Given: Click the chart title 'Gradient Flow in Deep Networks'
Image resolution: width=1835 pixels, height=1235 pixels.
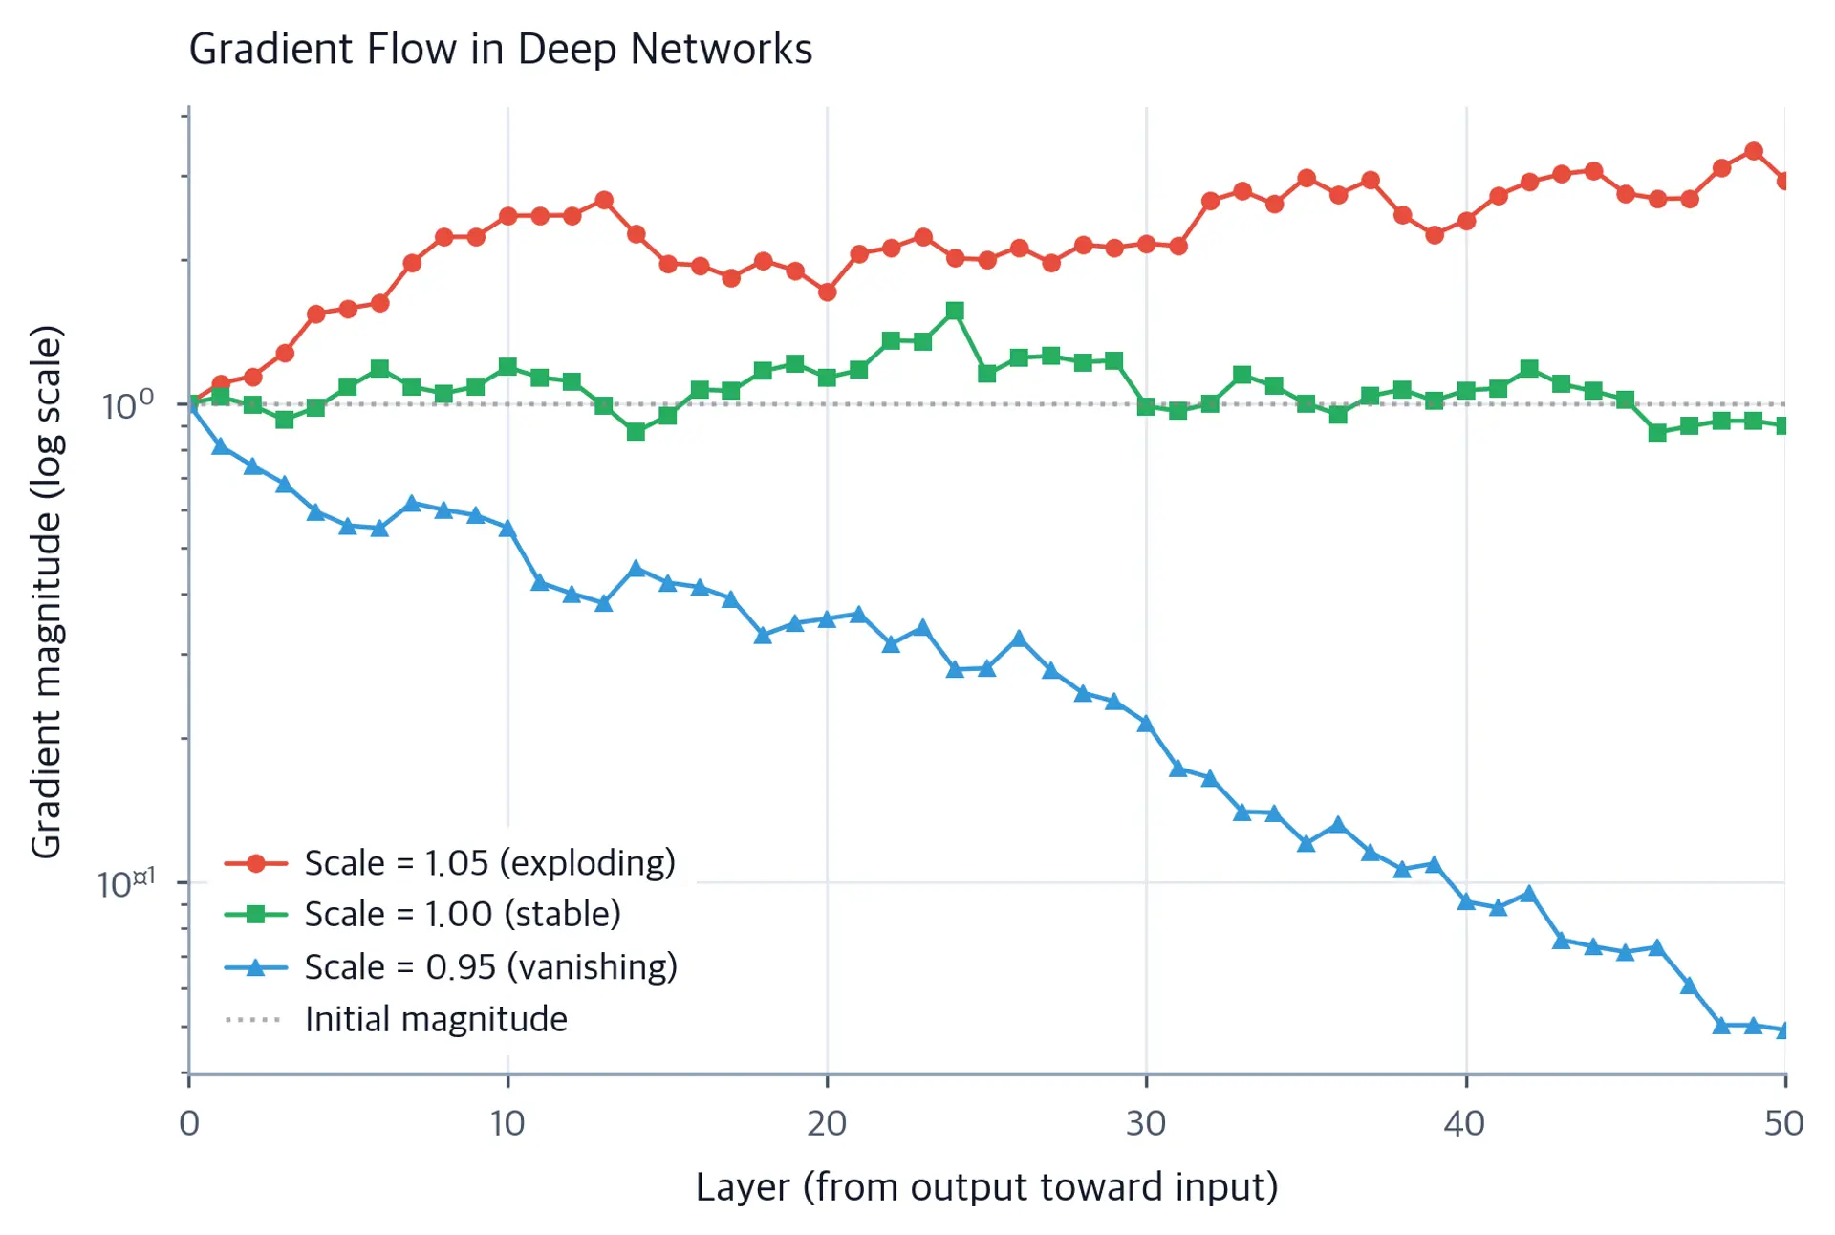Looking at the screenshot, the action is tap(500, 49).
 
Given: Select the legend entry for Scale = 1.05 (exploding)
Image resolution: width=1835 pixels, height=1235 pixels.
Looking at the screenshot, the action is tap(450, 863).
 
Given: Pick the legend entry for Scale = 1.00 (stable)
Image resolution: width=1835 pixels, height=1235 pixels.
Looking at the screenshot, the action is tap(422, 915).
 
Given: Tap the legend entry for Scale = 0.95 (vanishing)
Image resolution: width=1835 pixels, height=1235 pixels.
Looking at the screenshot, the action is tap(451, 967).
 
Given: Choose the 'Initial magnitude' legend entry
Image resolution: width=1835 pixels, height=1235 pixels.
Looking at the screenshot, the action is tap(396, 1020).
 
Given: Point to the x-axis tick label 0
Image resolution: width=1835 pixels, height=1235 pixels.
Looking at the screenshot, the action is tap(189, 1123).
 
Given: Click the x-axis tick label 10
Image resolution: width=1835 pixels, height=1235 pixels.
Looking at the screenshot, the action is tap(507, 1123).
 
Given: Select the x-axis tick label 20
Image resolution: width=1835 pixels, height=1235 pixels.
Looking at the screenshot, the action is tap(827, 1123).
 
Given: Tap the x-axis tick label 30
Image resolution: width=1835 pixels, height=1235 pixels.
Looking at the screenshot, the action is tap(1146, 1123).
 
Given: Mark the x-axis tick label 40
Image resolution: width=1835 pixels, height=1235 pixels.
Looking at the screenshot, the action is tap(1465, 1123).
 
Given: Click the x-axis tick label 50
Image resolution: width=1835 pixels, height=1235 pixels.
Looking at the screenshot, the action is tap(1784, 1123).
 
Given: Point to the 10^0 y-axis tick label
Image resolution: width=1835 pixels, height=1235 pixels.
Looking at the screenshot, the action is tap(127, 405).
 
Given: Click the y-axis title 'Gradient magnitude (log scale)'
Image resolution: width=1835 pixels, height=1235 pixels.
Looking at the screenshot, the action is tap(46, 592).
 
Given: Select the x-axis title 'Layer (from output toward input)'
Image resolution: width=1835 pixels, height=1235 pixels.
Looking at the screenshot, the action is tap(986, 1187).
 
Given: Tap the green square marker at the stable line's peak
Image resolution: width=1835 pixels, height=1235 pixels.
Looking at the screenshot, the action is tap(955, 311).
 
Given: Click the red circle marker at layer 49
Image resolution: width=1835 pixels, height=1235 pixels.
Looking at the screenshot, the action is tap(1753, 151).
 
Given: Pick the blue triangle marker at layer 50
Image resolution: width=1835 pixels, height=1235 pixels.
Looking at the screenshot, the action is tap(1784, 1029).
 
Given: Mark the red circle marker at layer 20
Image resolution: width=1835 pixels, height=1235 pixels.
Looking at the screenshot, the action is tap(827, 292).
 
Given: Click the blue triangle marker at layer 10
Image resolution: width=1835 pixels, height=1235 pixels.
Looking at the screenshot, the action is tap(507, 528).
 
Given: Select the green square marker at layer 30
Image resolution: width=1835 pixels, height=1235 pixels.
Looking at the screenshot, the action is tap(1146, 406).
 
